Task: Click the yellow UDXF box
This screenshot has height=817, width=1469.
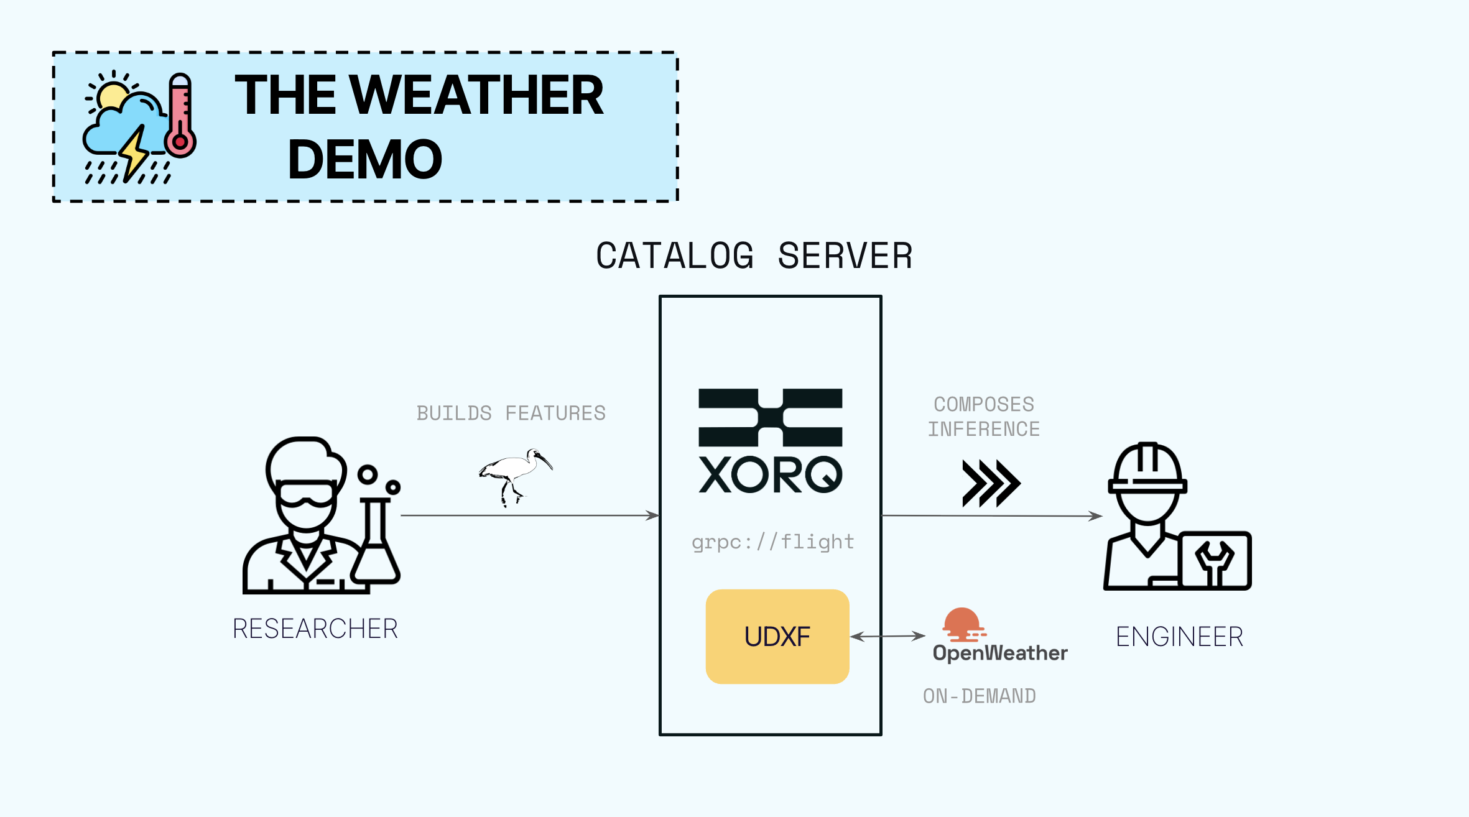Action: (x=777, y=636)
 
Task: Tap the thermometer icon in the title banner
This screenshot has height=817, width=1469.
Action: (x=180, y=116)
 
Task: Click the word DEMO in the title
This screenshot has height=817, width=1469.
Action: (x=365, y=160)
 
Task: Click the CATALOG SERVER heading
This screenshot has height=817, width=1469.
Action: (x=754, y=256)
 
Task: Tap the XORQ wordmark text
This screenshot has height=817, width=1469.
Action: (x=770, y=475)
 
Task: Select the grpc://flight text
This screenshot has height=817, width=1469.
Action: (x=773, y=542)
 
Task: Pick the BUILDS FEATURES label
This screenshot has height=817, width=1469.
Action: (x=511, y=413)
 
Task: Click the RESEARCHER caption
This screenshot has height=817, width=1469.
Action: (x=315, y=629)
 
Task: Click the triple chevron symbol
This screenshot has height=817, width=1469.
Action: (x=991, y=483)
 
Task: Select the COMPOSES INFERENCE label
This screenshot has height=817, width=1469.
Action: (x=984, y=417)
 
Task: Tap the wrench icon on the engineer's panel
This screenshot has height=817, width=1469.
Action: (x=1215, y=561)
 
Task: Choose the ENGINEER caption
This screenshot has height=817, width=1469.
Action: (x=1179, y=637)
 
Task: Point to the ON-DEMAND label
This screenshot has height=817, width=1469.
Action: (x=980, y=696)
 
